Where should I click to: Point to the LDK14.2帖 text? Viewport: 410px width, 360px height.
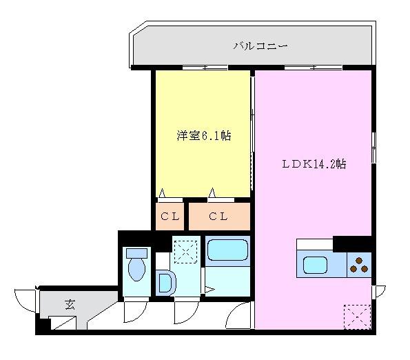coord(313,165)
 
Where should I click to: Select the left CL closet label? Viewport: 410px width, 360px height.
coord(170,217)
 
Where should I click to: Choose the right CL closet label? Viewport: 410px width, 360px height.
coord(218,217)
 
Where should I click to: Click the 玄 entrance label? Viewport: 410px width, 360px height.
coord(70,303)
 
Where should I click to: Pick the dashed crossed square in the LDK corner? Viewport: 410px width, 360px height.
coord(356,317)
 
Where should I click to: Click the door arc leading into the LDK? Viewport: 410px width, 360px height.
coord(240,314)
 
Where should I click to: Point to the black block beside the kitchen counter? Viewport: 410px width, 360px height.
coord(352,243)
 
